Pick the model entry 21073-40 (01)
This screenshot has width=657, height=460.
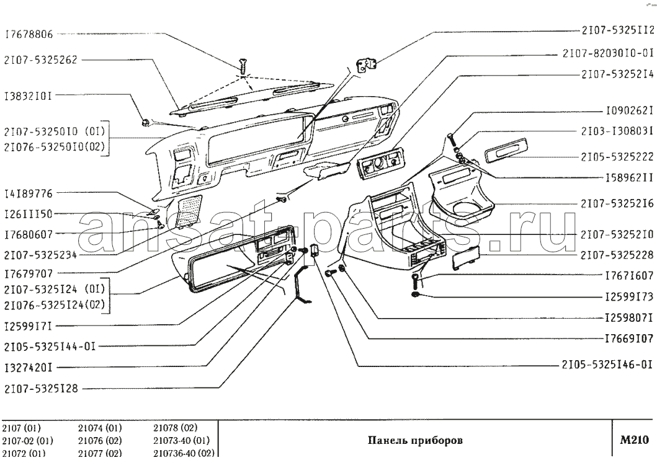tap(181, 441)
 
